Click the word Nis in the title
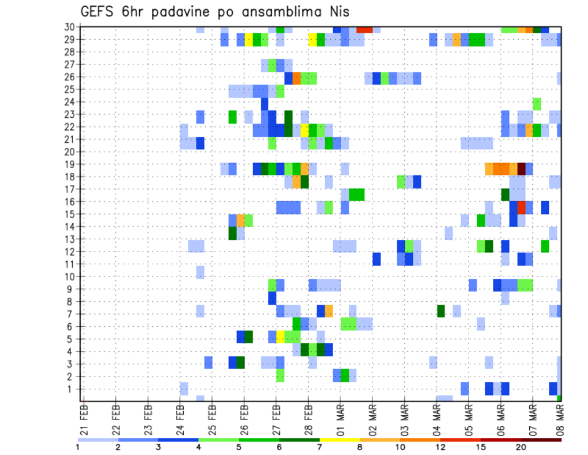[x=337, y=12]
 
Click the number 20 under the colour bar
[x=521, y=446]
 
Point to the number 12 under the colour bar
[x=440, y=446]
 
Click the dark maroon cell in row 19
[x=521, y=169]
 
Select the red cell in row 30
[x=364, y=29]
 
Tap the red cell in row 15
[x=521, y=207]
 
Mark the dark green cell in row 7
[x=441, y=310]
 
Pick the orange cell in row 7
[x=329, y=310]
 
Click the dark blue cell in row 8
[x=272, y=298]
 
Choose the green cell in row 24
[x=537, y=103]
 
